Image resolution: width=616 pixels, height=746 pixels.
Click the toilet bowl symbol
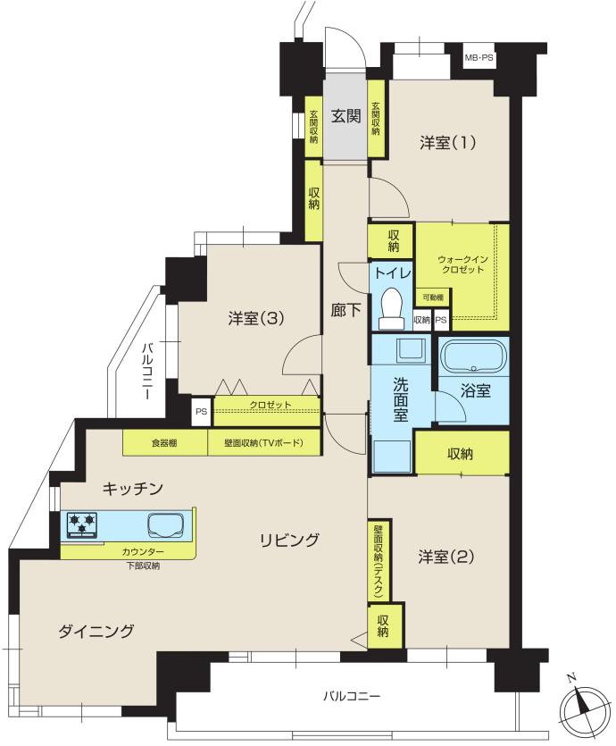tap(392, 308)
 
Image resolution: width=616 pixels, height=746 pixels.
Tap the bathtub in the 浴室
tap(473, 356)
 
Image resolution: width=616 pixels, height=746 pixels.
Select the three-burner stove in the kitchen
tap(82, 525)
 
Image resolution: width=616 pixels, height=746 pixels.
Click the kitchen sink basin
tap(166, 525)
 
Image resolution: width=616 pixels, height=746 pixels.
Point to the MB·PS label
tap(479, 58)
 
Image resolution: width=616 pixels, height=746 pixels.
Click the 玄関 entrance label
tap(345, 115)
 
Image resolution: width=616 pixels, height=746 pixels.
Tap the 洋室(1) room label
tap(447, 142)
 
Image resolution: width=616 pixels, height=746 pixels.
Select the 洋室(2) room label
tap(445, 557)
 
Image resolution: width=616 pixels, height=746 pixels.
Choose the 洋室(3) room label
tap(255, 318)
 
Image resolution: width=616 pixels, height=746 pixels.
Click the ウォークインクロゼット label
tap(462, 264)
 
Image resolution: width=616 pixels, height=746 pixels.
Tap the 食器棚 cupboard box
tap(165, 443)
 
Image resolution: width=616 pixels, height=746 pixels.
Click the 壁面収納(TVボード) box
tap(263, 443)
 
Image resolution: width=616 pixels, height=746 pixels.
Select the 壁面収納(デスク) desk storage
tap(379, 560)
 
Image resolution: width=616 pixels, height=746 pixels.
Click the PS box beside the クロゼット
tap(202, 411)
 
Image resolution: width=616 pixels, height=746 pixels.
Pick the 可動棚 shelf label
tap(433, 298)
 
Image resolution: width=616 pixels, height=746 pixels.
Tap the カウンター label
tap(143, 552)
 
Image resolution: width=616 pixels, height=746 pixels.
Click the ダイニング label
tap(96, 632)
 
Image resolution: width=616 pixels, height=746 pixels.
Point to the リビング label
tap(289, 540)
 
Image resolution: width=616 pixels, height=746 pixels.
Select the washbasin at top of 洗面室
tap(412, 350)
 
